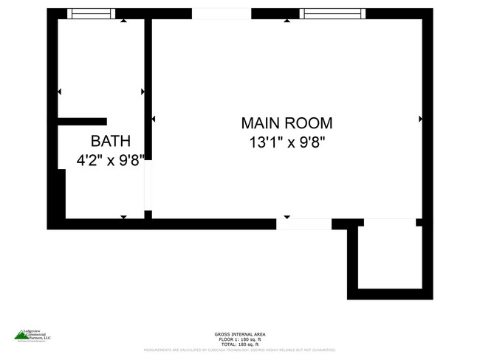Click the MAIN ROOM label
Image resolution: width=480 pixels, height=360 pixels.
(x=287, y=123)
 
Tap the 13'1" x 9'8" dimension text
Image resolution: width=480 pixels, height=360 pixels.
(x=287, y=143)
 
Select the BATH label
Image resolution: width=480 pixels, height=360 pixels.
(x=111, y=141)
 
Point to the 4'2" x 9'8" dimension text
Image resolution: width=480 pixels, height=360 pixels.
(x=111, y=159)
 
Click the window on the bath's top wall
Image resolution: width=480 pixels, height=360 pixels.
(x=91, y=13)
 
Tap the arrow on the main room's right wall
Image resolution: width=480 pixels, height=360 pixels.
(x=421, y=119)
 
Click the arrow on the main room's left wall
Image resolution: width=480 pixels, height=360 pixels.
(x=154, y=119)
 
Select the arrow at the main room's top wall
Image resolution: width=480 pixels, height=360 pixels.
(x=287, y=21)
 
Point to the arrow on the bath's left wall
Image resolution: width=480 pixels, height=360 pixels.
(x=59, y=91)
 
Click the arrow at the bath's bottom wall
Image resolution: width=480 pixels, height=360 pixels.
(x=123, y=217)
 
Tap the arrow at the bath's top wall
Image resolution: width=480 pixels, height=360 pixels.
(x=123, y=21)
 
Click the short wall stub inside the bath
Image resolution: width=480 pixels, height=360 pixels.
(x=83, y=122)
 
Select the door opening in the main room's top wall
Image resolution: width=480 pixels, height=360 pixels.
(x=222, y=13)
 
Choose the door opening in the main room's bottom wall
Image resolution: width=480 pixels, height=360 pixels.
(x=304, y=224)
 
